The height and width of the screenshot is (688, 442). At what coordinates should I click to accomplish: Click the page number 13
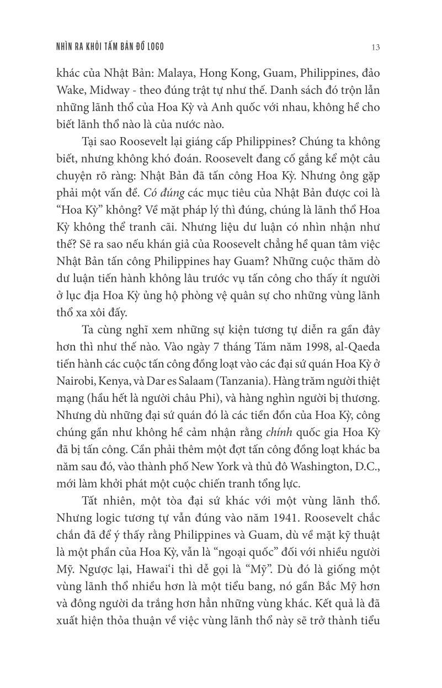375,47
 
